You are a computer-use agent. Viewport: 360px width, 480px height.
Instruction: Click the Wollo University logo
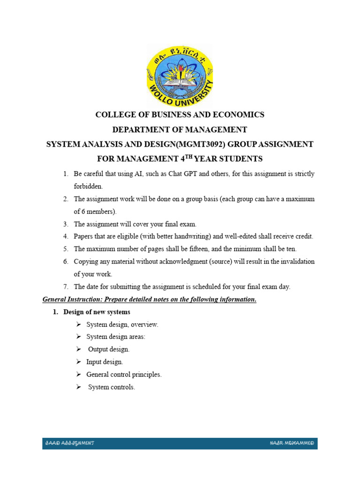(180, 75)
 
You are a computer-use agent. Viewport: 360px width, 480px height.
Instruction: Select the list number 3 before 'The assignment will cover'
(66, 224)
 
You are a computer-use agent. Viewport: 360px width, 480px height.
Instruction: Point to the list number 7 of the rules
(66, 287)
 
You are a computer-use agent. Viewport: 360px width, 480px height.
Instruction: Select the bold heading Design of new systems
(97, 312)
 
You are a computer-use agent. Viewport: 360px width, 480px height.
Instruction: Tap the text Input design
(105, 362)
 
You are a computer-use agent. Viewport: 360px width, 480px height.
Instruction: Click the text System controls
(112, 387)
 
